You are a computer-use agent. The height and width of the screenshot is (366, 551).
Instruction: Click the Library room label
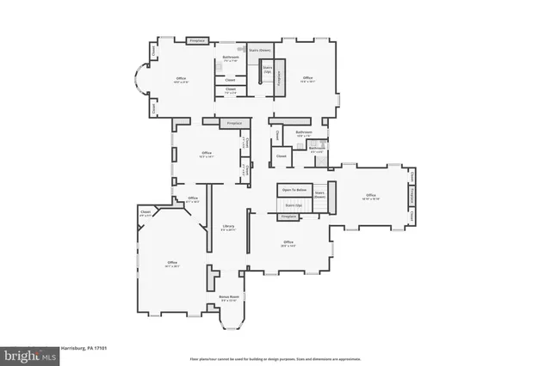227,228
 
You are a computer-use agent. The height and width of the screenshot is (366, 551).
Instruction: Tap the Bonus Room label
228,298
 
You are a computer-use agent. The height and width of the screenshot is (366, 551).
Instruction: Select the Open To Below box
294,190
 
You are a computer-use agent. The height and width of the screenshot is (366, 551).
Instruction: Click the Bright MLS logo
29,354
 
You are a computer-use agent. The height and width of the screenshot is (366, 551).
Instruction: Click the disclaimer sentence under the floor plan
275,359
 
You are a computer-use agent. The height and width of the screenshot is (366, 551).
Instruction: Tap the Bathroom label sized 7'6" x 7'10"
230,59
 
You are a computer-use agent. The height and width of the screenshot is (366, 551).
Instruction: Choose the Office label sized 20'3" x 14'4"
288,244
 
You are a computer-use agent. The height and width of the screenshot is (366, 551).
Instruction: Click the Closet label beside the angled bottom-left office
145,213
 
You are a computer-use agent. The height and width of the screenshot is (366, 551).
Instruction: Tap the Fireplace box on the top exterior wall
198,40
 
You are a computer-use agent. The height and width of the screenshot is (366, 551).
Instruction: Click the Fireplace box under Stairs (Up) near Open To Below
289,217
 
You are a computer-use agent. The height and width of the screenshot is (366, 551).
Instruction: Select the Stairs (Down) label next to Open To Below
319,195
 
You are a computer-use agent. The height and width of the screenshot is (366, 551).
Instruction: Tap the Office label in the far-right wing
371,197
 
